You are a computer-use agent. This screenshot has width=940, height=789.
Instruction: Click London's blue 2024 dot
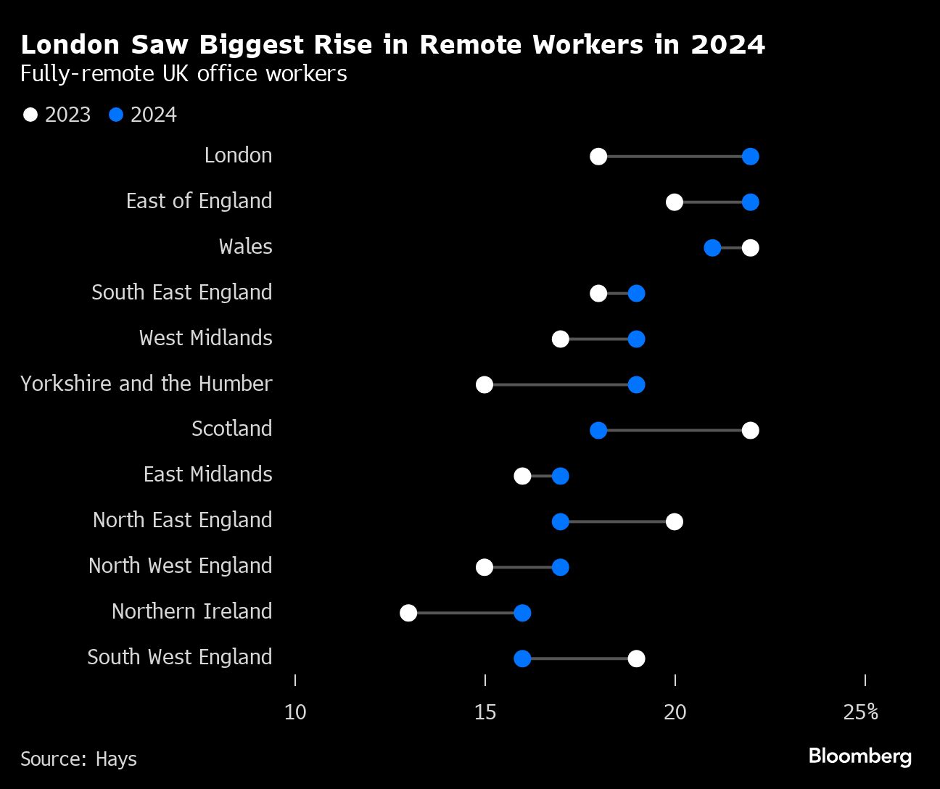point(750,157)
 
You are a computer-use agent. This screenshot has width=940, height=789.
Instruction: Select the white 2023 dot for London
point(598,157)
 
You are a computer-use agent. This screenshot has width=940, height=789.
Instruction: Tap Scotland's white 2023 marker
point(750,431)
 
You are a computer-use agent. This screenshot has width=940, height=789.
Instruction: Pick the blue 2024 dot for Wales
point(712,248)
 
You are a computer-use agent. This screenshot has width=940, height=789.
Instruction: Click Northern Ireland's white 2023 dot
point(408,614)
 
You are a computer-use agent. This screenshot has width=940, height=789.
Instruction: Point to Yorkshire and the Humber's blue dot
point(636,385)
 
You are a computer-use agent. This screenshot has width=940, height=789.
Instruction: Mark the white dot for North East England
point(674,522)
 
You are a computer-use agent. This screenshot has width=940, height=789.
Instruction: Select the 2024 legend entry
point(143,115)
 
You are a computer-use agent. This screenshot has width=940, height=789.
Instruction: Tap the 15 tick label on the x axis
point(485,713)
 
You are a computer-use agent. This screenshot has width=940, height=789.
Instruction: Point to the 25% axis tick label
point(861,713)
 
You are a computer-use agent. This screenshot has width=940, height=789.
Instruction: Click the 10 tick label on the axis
point(295,713)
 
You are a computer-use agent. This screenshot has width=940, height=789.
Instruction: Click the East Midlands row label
point(207,474)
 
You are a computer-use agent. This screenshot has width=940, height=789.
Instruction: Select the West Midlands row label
point(205,338)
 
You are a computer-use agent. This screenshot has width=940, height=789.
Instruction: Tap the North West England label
point(180,566)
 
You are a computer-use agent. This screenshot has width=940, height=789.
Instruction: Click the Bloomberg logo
point(859,756)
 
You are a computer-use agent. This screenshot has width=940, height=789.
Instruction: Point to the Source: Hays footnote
point(78,759)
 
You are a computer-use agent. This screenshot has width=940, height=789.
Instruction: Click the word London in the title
point(70,45)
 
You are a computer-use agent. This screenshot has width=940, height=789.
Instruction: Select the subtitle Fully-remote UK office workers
point(184,74)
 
